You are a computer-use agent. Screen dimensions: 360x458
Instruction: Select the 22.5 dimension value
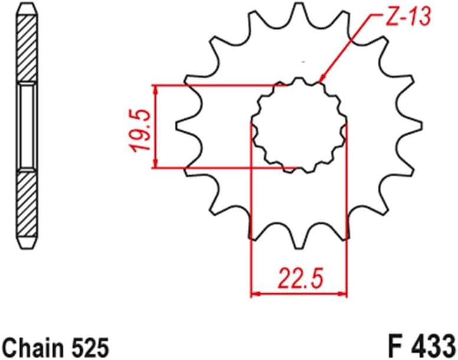pyautogui.click(x=300, y=276)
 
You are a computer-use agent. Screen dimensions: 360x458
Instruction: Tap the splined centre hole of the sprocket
pyautogui.click(x=298, y=126)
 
